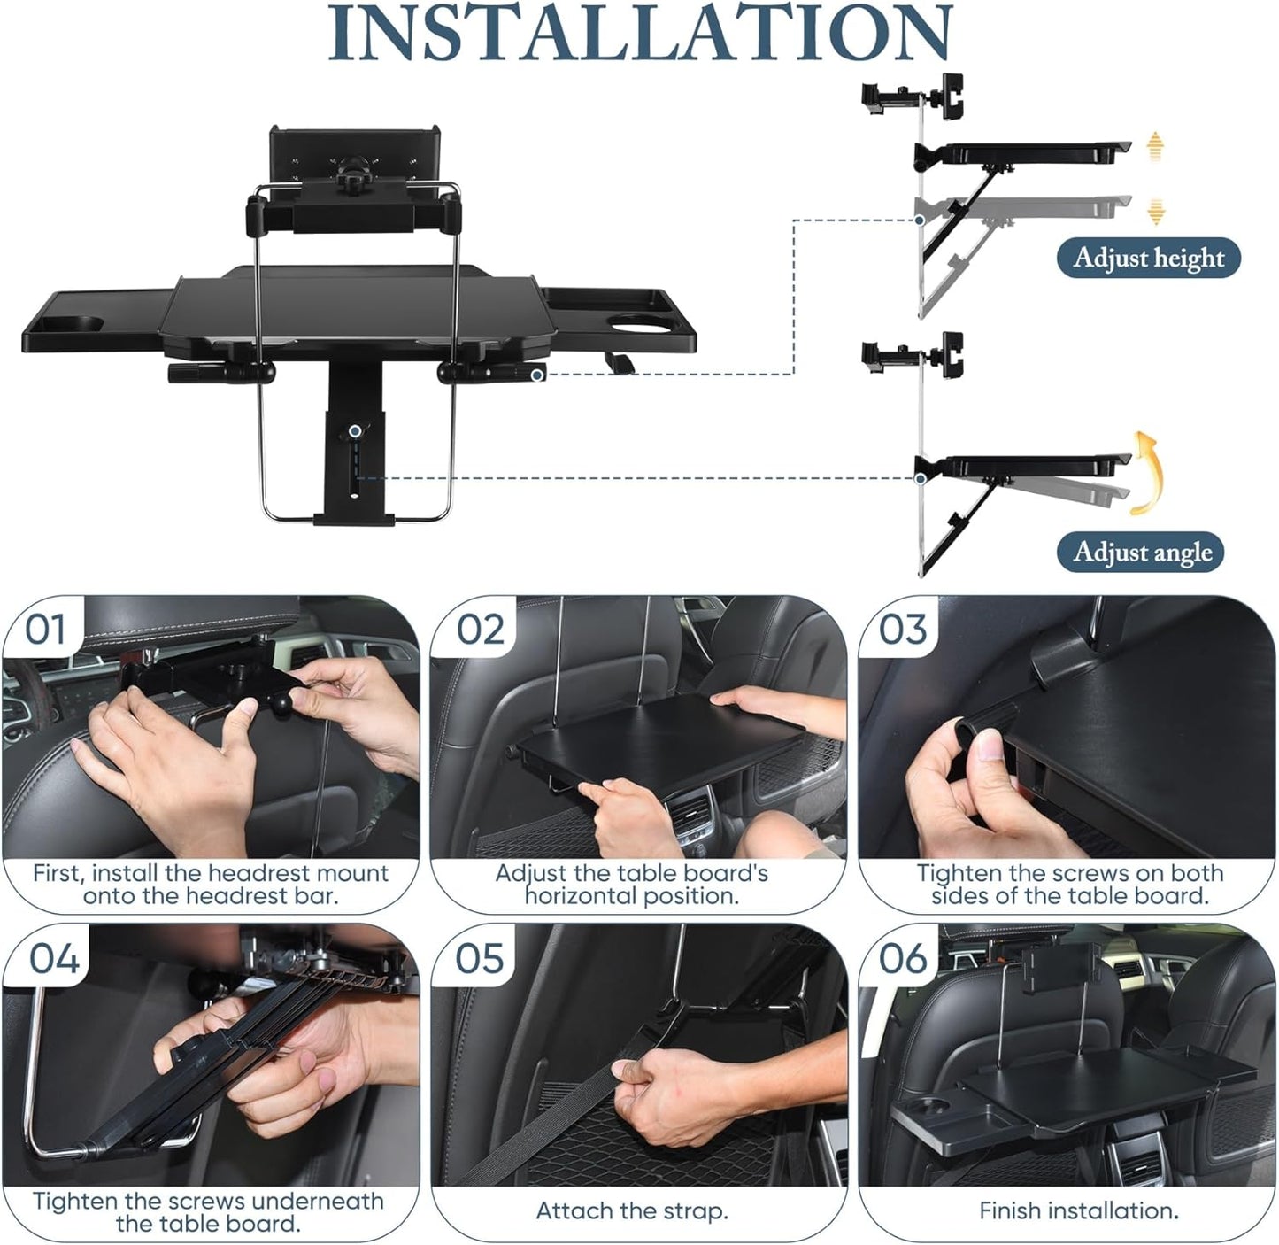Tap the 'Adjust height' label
click(1148, 259)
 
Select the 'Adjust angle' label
click(1142, 553)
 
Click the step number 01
click(45, 630)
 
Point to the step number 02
click(481, 630)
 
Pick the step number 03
click(903, 630)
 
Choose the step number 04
click(54, 959)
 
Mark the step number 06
click(903, 959)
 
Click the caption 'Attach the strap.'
click(632, 1211)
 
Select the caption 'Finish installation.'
click(1078, 1210)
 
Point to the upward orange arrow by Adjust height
click(1154, 146)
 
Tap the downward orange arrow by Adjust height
click(1155, 211)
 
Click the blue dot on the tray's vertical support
click(355, 431)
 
